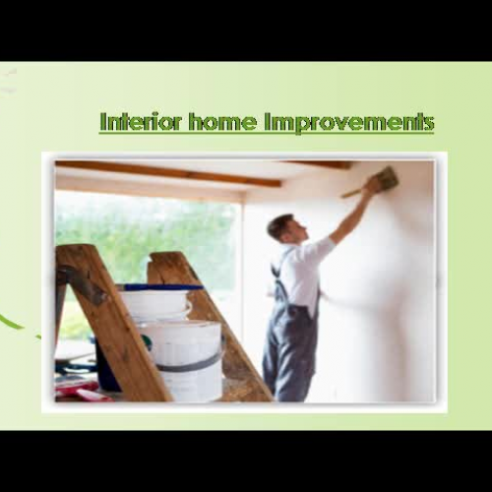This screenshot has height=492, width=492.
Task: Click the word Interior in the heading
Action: (140, 123)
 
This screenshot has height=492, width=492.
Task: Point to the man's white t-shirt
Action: (299, 271)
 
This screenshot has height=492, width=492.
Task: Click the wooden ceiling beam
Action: (167, 173)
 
